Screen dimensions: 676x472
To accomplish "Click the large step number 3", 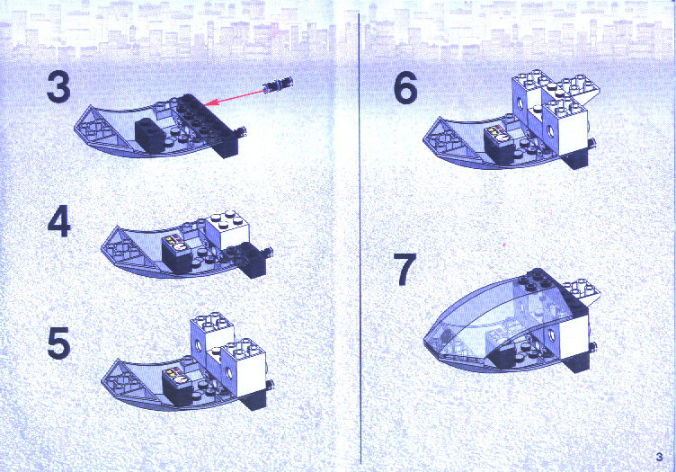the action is (x=58, y=87).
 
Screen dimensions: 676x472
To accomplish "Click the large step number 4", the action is (x=58, y=221).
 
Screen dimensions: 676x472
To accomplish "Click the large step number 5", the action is (x=58, y=343).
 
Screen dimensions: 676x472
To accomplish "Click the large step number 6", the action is (x=405, y=88).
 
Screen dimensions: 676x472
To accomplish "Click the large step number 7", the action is (x=405, y=270).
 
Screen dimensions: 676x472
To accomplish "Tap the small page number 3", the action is (x=659, y=457).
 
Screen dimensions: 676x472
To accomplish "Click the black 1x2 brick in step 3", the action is (x=150, y=135).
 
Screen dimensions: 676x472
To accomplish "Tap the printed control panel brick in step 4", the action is (x=177, y=254).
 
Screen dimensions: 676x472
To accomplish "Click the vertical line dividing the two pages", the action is (x=360, y=238).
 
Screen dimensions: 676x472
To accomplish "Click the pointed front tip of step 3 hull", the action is (x=75, y=128).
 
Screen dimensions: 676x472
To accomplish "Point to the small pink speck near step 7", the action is (x=503, y=245).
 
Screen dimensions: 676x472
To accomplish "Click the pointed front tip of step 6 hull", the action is (x=424, y=138).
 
